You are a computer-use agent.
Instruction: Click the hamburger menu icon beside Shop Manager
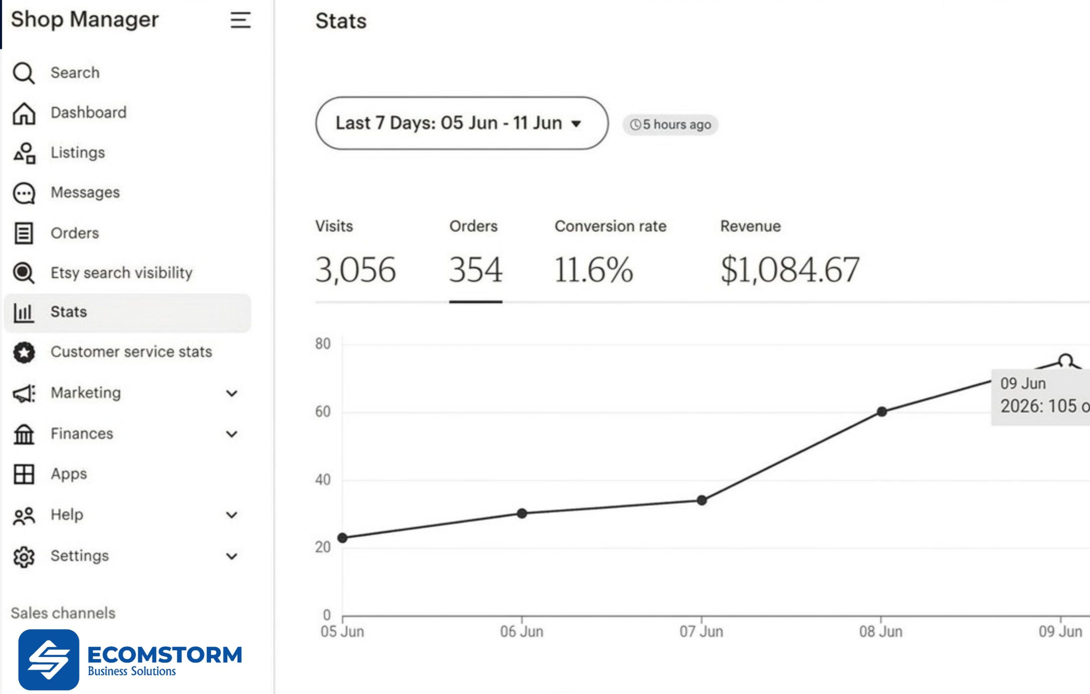point(240,20)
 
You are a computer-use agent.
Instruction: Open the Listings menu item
point(77,153)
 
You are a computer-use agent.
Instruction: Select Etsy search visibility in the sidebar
point(121,273)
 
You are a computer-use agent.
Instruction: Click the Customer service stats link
point(131,352)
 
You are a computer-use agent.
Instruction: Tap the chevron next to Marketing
point(232,393)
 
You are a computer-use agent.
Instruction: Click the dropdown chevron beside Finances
point(232,434)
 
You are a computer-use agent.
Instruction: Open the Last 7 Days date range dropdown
point(462,123)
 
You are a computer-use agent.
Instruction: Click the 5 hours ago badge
point(670,125)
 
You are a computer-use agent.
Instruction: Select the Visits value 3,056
point(355,270)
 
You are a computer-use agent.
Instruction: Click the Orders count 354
point(475,270)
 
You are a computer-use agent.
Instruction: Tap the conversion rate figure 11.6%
point(593,270)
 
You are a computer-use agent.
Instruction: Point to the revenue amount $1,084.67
point(790,270)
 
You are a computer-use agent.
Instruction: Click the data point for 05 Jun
point(343,538)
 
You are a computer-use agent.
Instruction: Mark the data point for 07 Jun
point(702,500)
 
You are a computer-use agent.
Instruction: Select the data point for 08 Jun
point(882,411)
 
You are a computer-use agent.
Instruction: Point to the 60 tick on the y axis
point(323,411)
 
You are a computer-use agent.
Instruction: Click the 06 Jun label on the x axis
point(522,632)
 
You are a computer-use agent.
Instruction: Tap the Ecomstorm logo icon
point(48,660)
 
